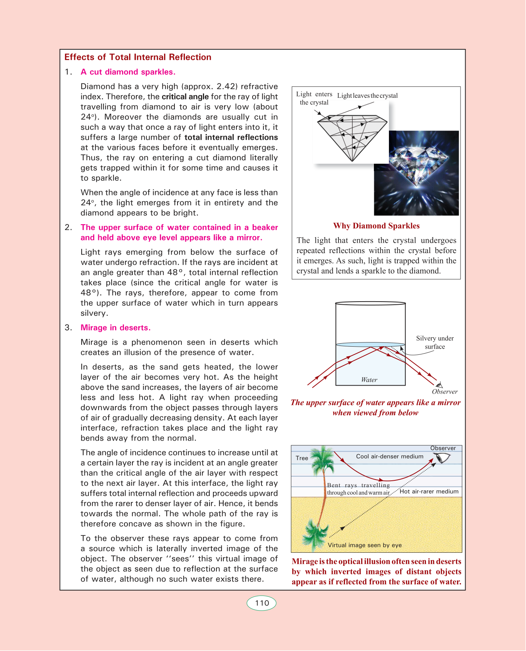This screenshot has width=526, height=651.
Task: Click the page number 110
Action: coord(262,603)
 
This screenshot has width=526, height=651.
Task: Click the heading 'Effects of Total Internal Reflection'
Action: coord(138,57)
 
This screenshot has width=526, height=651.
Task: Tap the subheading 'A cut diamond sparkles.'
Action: coord(128,72)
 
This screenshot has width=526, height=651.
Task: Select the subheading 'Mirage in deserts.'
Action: coord(116,328)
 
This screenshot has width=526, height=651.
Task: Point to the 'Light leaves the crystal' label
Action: coord(367,96)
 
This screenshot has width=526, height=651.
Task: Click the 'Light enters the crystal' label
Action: coord(314,98)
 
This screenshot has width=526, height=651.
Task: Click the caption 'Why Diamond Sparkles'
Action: coord(376,226)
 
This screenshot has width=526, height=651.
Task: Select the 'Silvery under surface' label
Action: coord(435,342)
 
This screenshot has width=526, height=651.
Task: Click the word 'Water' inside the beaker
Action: coord(369,380)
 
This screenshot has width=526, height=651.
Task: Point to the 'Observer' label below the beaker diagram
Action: coord(445,392)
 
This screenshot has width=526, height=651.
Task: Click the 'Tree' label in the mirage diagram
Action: coord(302,458)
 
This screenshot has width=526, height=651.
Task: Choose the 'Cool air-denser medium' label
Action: coord(389,456)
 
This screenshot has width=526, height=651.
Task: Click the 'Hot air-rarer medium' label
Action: coord(429,492)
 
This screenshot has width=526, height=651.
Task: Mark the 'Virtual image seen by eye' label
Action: coord(365,545)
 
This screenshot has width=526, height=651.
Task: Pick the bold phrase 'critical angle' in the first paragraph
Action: coord(185,97)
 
